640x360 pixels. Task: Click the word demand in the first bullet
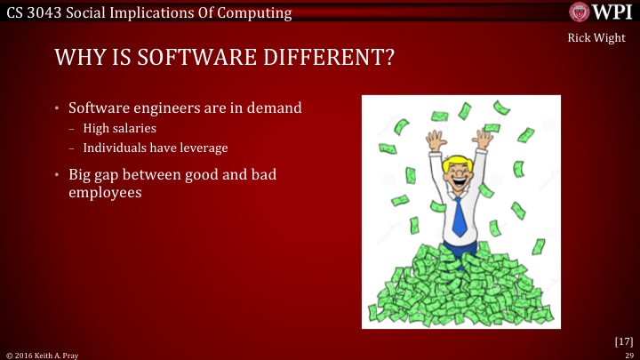click(x=271, y=108)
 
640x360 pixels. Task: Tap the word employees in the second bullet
click(x=106, y=190)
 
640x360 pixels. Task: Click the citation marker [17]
click(x=623, y=340)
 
